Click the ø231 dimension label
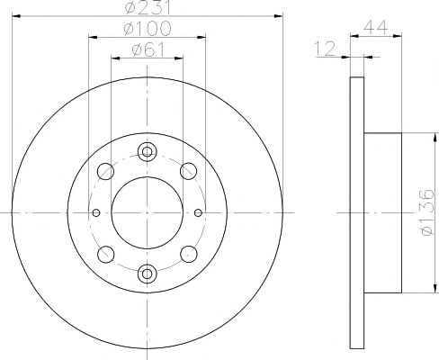[148, 6]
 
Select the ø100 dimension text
[148, 29]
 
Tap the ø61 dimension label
[148, 49]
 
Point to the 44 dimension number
[375, 28]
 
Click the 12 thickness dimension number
[325, 49]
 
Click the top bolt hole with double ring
[147, 152]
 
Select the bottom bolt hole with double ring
[147, 274]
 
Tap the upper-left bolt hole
[105, 172]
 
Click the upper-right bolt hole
[188, 172]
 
